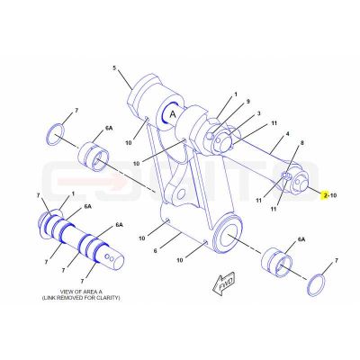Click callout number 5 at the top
(114, 67)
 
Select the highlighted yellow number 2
(325, 195)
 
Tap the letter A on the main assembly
(173, 114)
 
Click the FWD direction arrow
(223, 283)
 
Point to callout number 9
(248, 102)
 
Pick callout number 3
(258, 113)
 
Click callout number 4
(287, 134)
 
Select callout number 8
(302, 143)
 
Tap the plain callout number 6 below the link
(155, 250)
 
